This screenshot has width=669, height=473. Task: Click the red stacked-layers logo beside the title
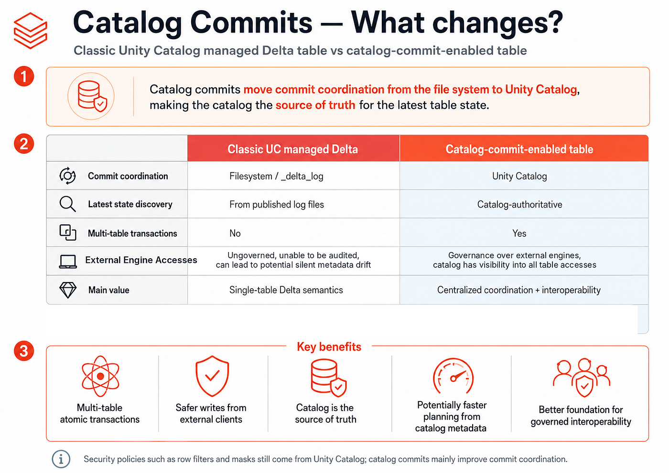31,31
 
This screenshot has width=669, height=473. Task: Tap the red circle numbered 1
24,76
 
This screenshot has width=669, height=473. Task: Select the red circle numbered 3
24,351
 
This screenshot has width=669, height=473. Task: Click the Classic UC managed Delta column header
293,149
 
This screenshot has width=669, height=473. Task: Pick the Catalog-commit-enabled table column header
519,149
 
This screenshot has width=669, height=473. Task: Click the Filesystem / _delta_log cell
276,176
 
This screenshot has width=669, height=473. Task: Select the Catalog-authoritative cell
520,204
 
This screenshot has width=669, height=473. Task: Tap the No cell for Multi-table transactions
235,233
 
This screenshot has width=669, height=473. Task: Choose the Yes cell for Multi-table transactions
519,233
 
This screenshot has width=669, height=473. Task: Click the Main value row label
109,290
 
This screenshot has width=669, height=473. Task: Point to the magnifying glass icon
67,204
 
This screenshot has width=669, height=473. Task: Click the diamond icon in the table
68,290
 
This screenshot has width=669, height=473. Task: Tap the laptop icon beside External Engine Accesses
68,262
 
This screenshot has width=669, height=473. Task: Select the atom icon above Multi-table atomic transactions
101,376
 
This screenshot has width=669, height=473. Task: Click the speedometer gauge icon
453,376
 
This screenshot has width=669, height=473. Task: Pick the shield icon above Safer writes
212,376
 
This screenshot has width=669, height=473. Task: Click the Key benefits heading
329,347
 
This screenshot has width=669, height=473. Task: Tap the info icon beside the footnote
61,459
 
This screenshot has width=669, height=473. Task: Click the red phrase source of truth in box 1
315,105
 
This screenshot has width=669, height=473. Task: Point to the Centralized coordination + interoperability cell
519,290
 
